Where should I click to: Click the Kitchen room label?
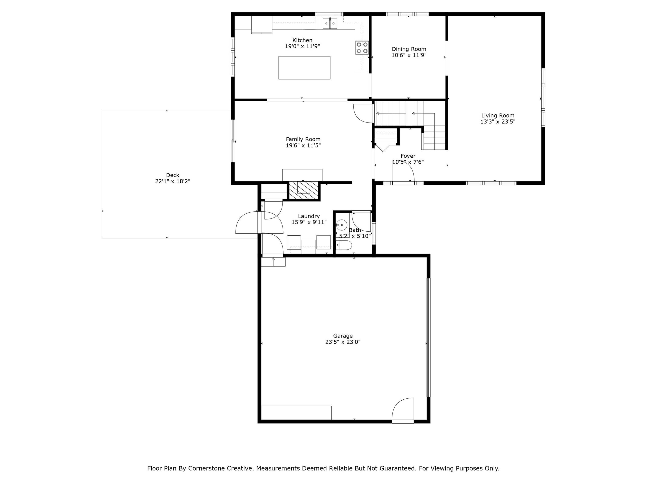(303, 40)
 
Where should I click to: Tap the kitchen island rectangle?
(304, 67)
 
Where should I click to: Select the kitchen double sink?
(330, 23)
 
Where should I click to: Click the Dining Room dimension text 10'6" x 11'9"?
(409, 55)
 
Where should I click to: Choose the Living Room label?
(498, 115)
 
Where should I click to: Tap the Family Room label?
(303, 139)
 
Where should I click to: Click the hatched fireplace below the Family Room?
(304, 191)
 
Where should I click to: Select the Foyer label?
(408, 156)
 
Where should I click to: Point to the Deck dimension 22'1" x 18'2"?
(173, 181)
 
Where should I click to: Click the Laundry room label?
(309, 216)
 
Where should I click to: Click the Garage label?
(343, 336)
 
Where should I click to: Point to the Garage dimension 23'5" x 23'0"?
(343, 342)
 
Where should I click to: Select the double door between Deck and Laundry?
(259, 223)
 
